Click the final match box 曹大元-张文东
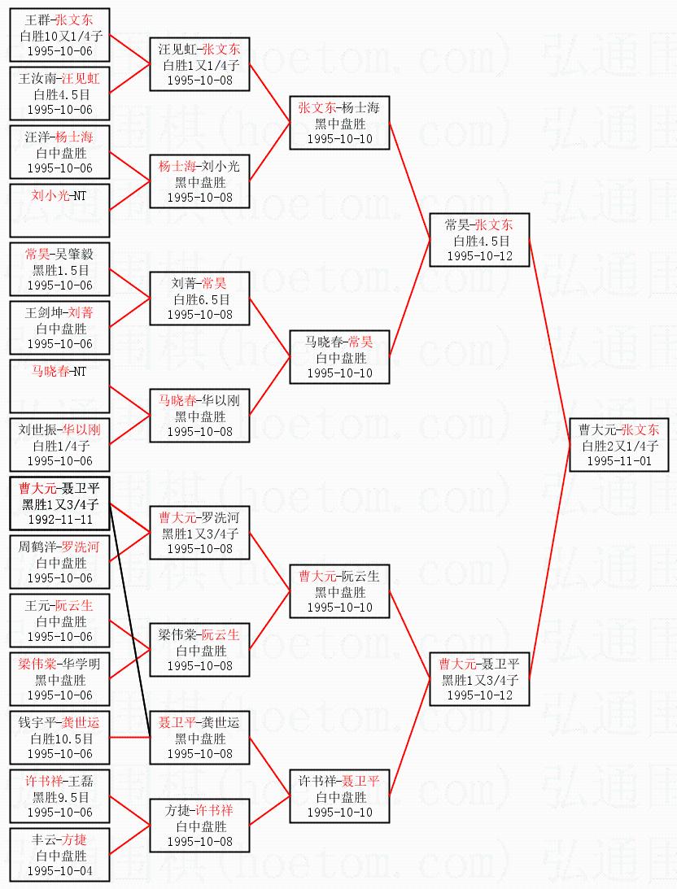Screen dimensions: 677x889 (618, 445)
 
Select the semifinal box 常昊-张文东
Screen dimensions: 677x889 (479, 240)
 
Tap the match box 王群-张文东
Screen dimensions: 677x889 (59, 35)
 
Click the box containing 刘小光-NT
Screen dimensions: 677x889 (59, 210)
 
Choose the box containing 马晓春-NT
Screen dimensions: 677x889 (59, 386)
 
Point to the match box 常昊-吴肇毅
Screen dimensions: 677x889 (59, 269)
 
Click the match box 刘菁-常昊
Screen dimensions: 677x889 (199, 299)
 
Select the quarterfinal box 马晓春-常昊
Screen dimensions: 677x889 (338, 357)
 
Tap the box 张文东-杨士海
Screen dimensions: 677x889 (338, 123)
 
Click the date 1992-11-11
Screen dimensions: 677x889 (59, 519)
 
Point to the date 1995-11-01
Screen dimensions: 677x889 (618, 460)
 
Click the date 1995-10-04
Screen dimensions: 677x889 (59, 870)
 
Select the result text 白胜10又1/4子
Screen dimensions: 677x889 (59, 36)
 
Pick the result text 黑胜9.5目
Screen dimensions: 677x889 (59, 797)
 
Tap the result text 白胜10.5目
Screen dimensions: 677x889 (59, 739)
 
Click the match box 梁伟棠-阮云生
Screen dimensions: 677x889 (199, 650)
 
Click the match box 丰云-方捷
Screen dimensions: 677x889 (59, 855)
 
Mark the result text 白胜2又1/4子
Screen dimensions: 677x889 (618, 446)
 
